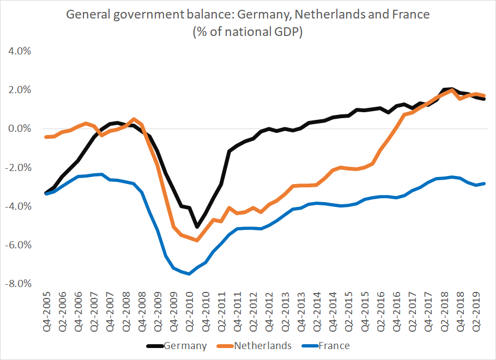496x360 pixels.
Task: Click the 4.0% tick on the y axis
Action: pyautogui.click(x=19, y=51)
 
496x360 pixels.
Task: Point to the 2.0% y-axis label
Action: pyautogui.click(x=19, y=90)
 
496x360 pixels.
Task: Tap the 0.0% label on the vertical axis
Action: pyautogui.click(x=19, y=129)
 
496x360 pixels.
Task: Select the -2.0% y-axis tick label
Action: pyautogui.click(x=17, y=168)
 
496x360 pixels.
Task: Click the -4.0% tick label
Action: pyautogui.click(x=17, y=206)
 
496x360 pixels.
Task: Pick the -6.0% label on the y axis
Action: pyautogui.click(x=17, y=245)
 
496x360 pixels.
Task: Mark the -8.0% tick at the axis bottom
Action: pyautogui.click(x=17, y=284)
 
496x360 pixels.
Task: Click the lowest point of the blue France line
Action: pyautogui.click(x=189, y=274)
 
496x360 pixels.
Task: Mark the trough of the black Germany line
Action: pyautogui.click(x=197, y=227)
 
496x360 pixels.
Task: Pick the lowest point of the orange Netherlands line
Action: pyautogui.click(x=197, y=240)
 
